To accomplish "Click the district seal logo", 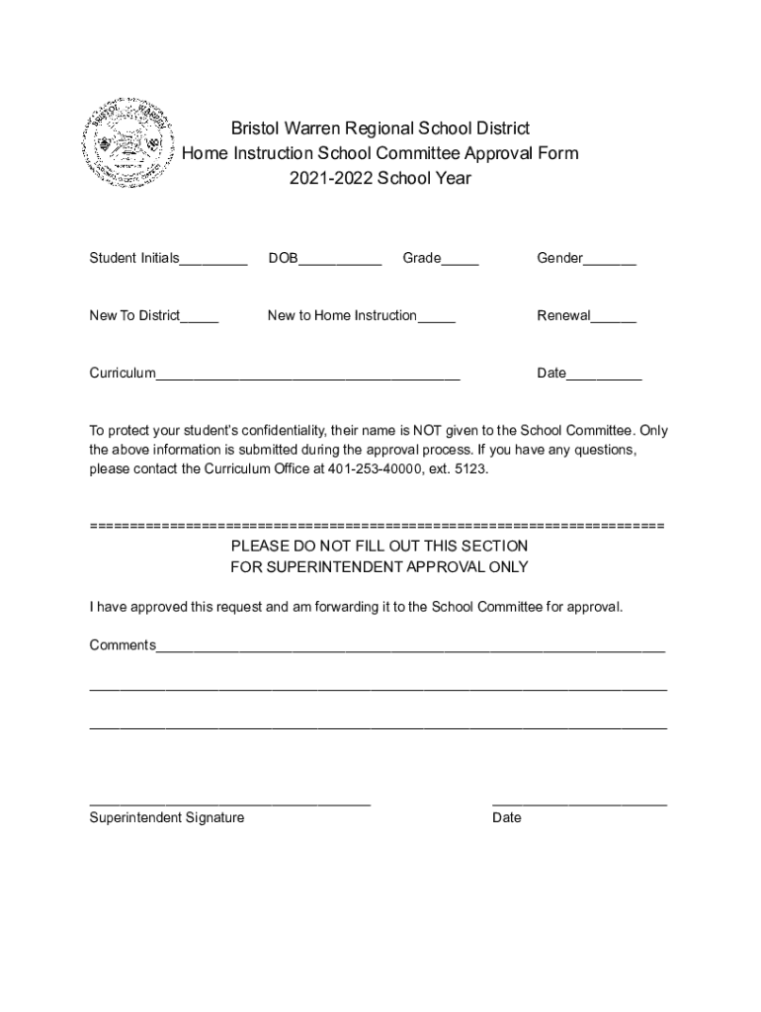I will click(131, 143).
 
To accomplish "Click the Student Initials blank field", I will click(213, 261).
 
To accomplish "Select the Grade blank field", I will click(460, 261).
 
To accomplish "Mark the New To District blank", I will click(200, 318).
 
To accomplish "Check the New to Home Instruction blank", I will click(436, 318).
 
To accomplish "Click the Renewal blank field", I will click(614, 318).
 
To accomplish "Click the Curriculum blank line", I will click(307, 376).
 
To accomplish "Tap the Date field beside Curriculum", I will click(604, 376).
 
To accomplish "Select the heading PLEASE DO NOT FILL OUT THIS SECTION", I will click(380, 546).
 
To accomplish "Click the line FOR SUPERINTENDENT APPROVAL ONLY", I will click(380, 567).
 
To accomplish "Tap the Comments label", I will click(123, 645).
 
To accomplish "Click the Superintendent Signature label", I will click(167, 817).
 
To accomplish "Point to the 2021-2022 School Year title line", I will click(380, 179).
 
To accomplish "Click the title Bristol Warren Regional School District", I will click(380, 128).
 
